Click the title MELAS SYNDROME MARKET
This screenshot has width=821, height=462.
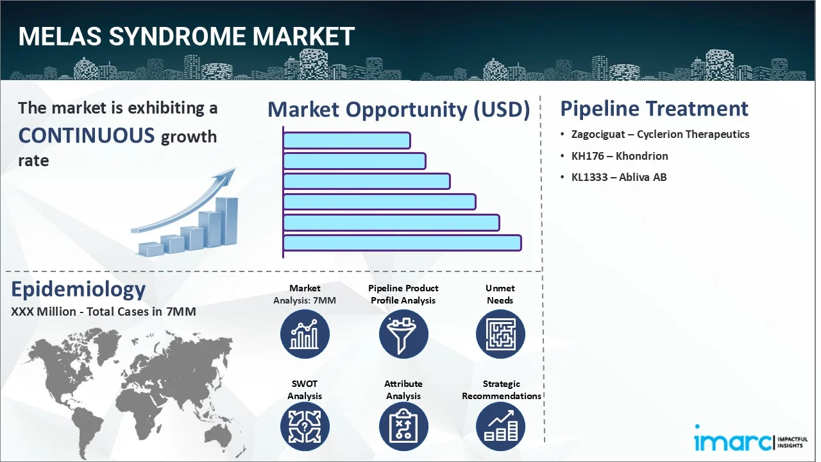186,37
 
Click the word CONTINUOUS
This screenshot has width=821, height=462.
87,135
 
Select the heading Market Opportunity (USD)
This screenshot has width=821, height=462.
398,110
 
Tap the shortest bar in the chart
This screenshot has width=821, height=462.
346,141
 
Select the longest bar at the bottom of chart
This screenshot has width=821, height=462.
402,243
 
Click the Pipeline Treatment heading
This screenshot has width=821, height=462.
654,108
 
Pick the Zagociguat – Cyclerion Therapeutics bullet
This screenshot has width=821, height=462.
660,134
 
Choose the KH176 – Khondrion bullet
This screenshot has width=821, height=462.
619,156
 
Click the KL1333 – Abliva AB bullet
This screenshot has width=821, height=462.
618,177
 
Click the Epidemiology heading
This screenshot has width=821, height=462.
78,289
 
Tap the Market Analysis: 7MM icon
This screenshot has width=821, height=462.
305,334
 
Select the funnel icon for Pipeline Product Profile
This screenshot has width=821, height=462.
403,334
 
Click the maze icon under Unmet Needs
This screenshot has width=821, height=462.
500,334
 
